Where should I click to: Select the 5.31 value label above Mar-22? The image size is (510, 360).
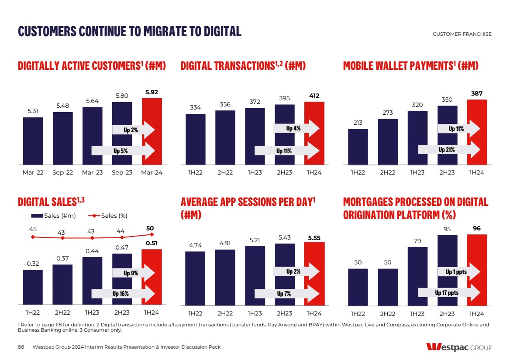point(33,111)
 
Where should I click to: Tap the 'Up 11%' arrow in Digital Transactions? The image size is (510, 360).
point(286,151)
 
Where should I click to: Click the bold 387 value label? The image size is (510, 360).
point(477,93)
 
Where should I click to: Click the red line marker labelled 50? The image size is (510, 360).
point(152,235)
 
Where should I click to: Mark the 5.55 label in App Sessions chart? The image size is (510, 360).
point(314,238)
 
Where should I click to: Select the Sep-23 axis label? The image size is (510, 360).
point(122,172)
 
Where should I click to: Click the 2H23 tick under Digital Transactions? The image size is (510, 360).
point(284,172)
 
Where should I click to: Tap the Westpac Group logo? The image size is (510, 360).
point(459,347)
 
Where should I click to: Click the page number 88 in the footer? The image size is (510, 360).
point(21,347)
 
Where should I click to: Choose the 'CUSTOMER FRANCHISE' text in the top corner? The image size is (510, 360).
point(462,34)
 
